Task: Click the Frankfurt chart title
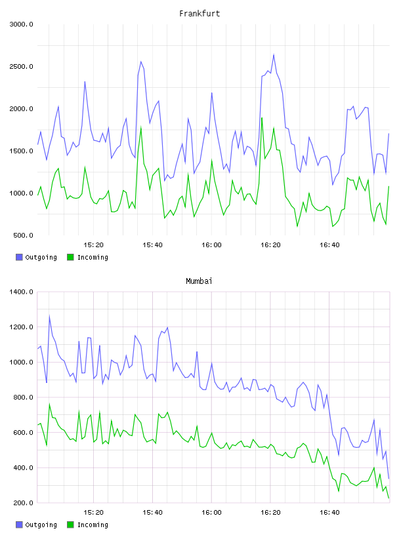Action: [x=199, y=14]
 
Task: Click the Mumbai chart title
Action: [x=199, y=281]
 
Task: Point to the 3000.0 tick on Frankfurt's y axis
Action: [x=22, y=24]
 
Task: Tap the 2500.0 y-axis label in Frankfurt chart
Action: [x=22, y=66]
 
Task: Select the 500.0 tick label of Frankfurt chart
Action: [x=23, y=235]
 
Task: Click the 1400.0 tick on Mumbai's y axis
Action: [x=22, y=292]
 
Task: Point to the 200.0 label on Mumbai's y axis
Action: [x=23, y=503]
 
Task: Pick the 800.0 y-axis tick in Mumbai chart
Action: [x=23, y=397]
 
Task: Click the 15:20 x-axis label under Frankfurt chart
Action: [x=93, y=245]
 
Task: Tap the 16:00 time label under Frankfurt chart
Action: [x=211, y=245]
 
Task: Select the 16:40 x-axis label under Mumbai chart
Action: [x=329, y=513]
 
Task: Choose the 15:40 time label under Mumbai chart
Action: [x=152, y=513]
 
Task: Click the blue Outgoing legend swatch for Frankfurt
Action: [x=19, y=257]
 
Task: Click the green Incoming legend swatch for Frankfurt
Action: [x=70, y=257]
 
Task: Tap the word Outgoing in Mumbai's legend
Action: [x=41, y=525]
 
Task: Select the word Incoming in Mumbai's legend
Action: [x=93, y=525]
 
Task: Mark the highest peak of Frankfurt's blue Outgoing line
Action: [x=274, y=54]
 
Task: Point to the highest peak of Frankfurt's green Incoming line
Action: [x=262, y=118]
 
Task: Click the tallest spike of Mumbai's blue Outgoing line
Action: [x=49, y=315]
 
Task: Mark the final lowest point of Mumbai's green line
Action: [x=388, y=498]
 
